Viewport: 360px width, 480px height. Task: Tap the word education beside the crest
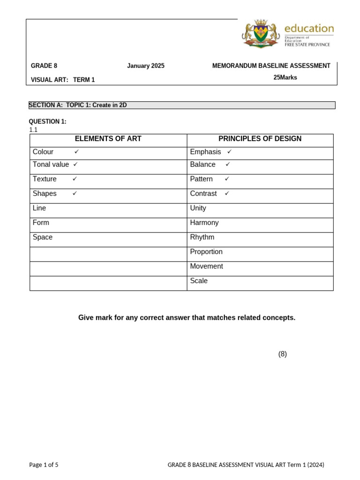309,28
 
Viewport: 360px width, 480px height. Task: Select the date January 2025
146,66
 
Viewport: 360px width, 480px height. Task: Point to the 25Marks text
285,77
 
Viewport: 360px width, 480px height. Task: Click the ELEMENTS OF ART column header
108,139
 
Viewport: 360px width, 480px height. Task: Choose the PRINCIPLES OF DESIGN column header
260,139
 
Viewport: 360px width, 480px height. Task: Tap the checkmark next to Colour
76,152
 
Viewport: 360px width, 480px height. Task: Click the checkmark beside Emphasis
229,152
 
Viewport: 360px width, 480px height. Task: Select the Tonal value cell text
51,165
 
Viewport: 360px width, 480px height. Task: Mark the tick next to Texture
75,179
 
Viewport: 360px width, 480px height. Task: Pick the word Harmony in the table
204,223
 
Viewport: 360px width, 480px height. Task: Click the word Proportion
206,252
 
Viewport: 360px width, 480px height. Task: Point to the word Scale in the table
199,281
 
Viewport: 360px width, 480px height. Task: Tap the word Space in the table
43,237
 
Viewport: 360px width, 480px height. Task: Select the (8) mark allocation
282,354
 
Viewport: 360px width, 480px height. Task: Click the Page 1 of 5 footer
44,465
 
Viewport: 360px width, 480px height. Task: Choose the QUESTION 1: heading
48,121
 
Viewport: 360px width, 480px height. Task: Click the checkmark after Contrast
227,194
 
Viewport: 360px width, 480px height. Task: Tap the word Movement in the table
206,266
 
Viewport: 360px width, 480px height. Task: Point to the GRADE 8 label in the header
44,66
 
